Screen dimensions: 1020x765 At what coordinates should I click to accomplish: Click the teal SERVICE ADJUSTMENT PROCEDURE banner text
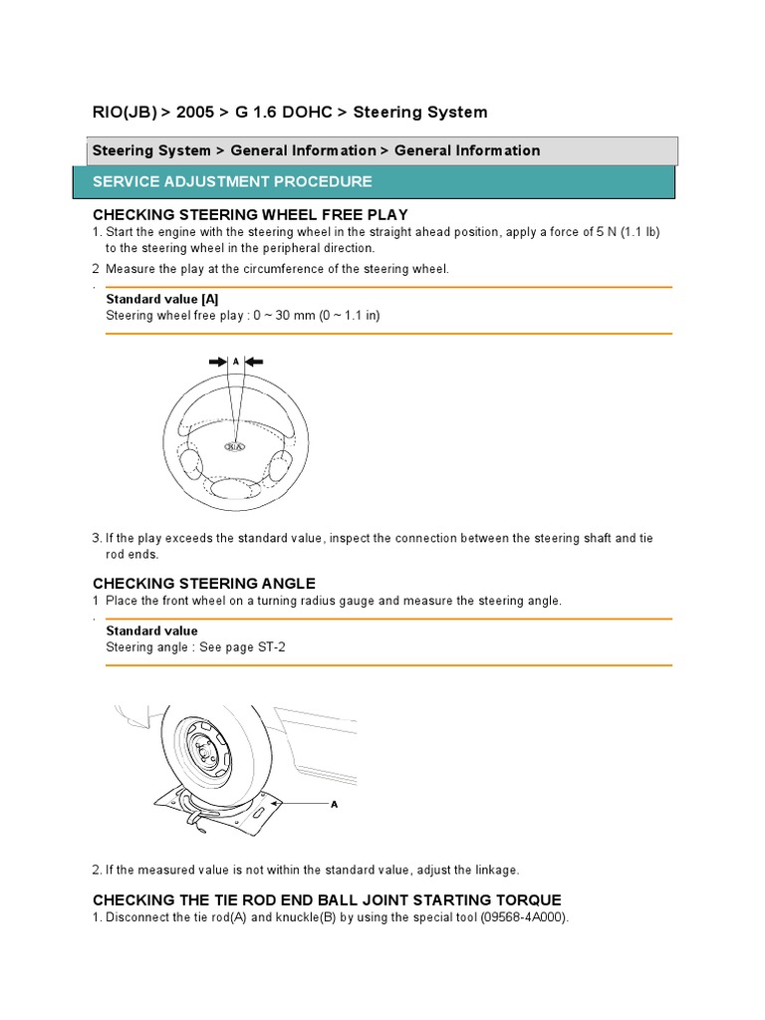(x=232, y=181)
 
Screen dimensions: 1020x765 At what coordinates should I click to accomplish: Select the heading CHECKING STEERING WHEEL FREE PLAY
(x=250, y=215)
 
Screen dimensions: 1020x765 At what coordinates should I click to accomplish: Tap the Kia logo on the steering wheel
(x=237, y=447)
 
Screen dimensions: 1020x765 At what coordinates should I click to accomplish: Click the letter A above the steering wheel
(x=236, y=363)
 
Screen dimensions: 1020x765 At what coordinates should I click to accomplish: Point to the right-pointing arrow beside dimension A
(x=217, y=363)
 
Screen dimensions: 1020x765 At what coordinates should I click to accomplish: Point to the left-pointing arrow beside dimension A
(x=255, y=363)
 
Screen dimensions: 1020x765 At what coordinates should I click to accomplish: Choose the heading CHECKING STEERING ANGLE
(x=204, y=583)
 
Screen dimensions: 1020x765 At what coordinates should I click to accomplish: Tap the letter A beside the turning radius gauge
(x=335, y=804)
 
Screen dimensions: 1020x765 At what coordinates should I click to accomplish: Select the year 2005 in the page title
(x=197, y=113)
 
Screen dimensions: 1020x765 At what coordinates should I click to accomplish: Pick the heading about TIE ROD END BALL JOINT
(x=327, y=899)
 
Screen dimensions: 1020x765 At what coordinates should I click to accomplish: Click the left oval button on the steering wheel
(x=189, y=463)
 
